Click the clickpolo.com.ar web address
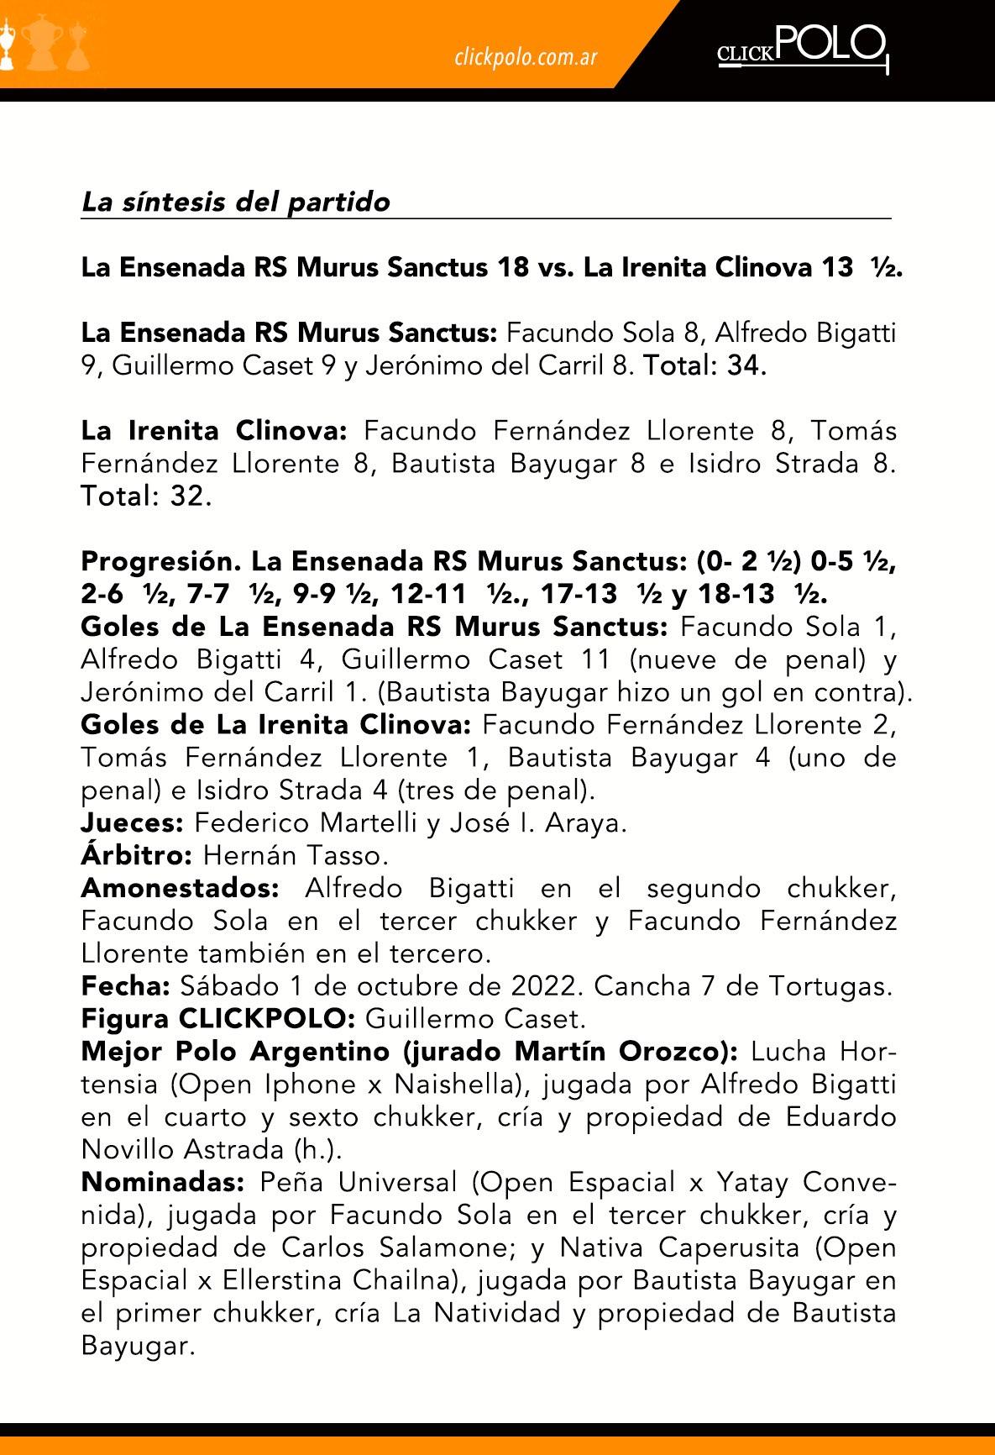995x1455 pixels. [526, 57]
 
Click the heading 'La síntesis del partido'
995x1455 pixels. [236, 202]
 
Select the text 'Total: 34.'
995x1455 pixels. [704, 366]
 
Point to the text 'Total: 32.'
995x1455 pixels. [146, 496]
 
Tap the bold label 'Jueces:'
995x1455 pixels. [132, 822]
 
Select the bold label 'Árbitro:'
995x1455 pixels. [137, 855]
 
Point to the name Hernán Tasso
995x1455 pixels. [296, 855]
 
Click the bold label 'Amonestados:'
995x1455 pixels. [180, 888]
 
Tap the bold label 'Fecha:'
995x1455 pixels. [126, 986]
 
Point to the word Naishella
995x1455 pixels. [453, 1085]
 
